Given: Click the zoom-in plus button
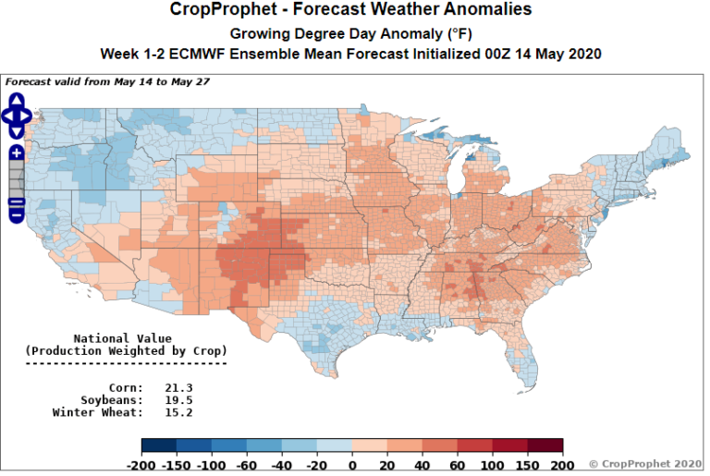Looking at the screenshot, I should [x=17, y=153].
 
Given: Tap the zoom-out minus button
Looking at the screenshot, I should [x=17, y=214].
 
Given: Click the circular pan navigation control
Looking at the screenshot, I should [x=17, y=115].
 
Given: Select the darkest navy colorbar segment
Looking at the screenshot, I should [x=159, y=446].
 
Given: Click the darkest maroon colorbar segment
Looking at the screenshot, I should [x=545, y=446].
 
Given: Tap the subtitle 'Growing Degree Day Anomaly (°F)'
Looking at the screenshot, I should [x=351, y=33].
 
